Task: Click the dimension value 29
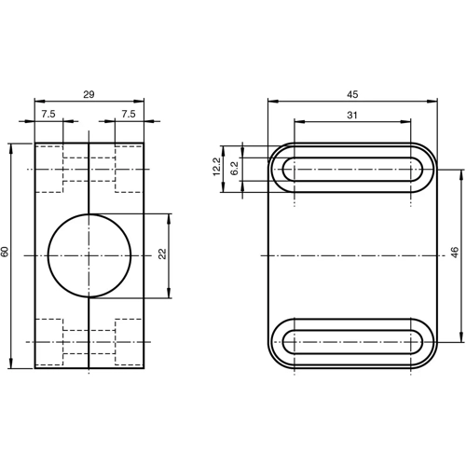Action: [x=89, y=94]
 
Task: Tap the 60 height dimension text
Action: [x=7, y=254]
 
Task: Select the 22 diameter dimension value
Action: [x=161, y=255]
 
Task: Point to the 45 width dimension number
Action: [x=353, y=94]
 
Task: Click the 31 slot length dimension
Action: [x=352, y=115]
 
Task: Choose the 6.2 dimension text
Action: [x=235, y=169]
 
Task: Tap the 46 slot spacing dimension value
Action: [x=455, y=254]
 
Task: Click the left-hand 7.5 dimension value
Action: [x=48, y=115]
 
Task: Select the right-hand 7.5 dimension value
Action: [x=130, y=115]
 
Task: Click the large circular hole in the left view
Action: [x=89, y=254]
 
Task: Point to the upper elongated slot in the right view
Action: [x=353, y=169]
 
